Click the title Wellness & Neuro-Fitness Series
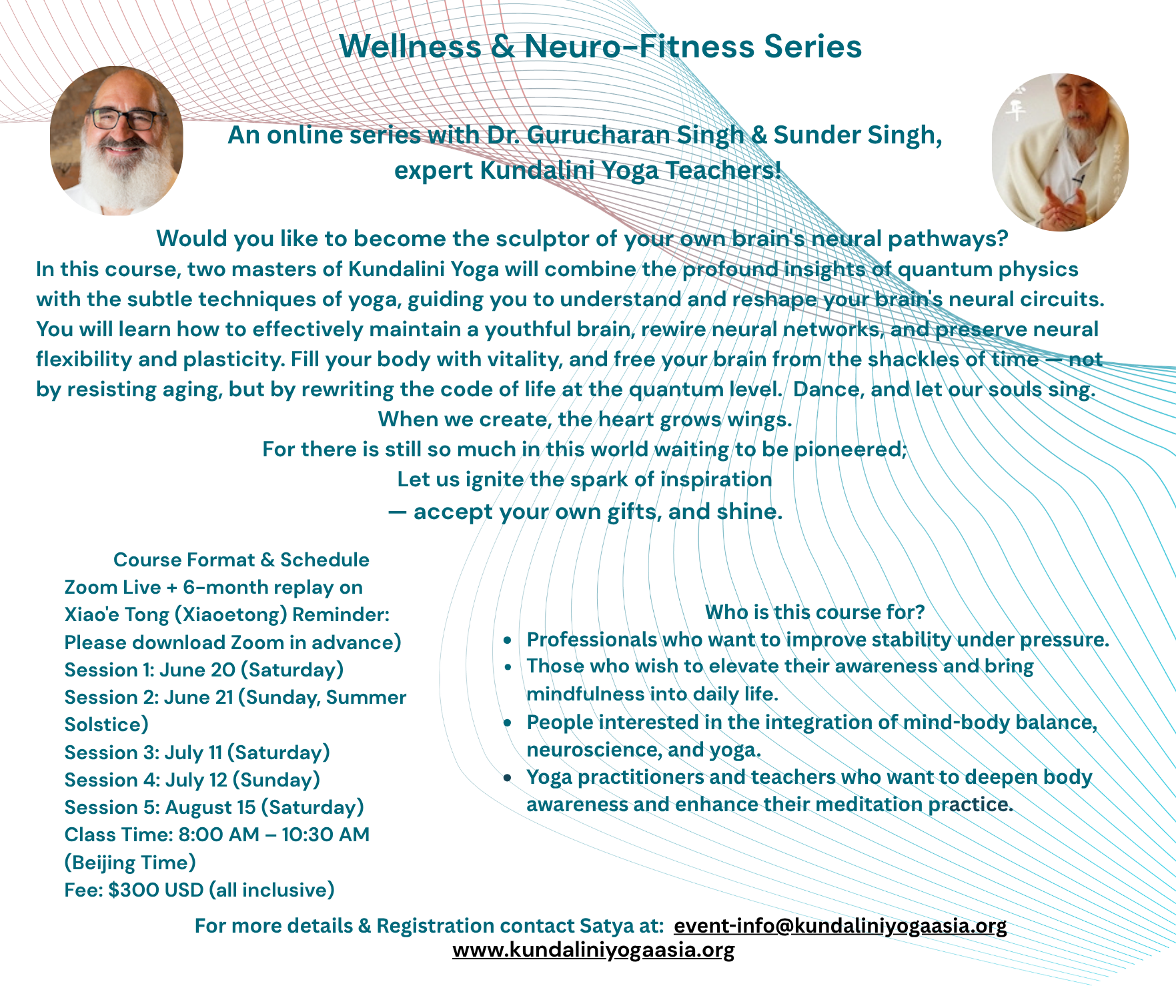pyautogui.click(x=600, y=47)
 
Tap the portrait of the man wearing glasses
pyautogui.click(x=117, y=141)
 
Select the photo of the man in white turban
pyautogui.click(x=1060, y=152)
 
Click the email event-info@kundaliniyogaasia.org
pyautogui.click(x=840, y=926)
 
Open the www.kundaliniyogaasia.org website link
pyautogui.click(x=593, y=949)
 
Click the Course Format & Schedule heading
pyautogui.click(x=241, y=560)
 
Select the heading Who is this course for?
pyautogui.click(x=814, y=612)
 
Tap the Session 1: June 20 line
pyautogui.click(x=204, y=670)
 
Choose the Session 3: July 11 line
pyautogui.click(x=197, y=753)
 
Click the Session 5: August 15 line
pyautogui.click(x=214, y=807)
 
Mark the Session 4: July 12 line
pyautogui.click(x=192, y=780)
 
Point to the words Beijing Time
pyautogui.click(x=130, y=863)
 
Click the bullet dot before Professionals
pyautogui.click(x=508, y=640)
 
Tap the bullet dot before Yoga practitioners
pyautogui.click(x=508, y=778)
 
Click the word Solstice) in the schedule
pyautogui.click(x=107, y=725)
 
